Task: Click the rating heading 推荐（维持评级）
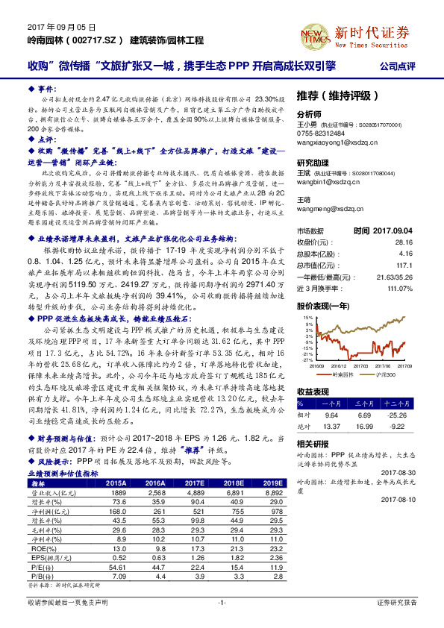coord(330,96)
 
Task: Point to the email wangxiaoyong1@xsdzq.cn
coord(333,139)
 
